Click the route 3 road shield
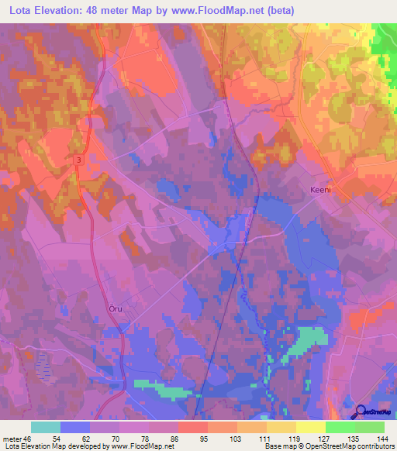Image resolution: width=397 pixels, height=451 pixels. [79, 160]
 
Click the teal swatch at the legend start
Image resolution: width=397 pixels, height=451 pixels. [45, 427]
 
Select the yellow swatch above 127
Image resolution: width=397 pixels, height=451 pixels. [310, 427]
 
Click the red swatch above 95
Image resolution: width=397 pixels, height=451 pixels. [192, 427]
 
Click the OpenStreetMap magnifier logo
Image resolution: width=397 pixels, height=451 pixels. [360, 412]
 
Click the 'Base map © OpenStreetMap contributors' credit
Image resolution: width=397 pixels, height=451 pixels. [328, 446]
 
